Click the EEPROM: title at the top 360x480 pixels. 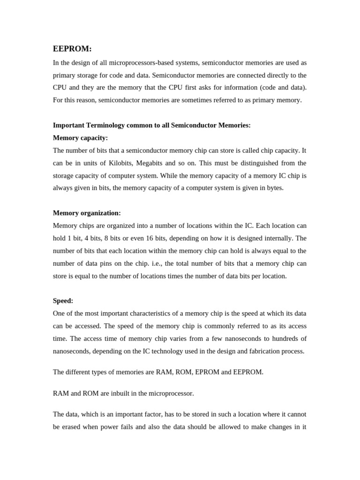click(72, 49)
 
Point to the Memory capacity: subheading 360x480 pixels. click(80, 138)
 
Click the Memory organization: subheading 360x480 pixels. click(87, 213)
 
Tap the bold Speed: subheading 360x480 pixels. click(63, 300)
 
